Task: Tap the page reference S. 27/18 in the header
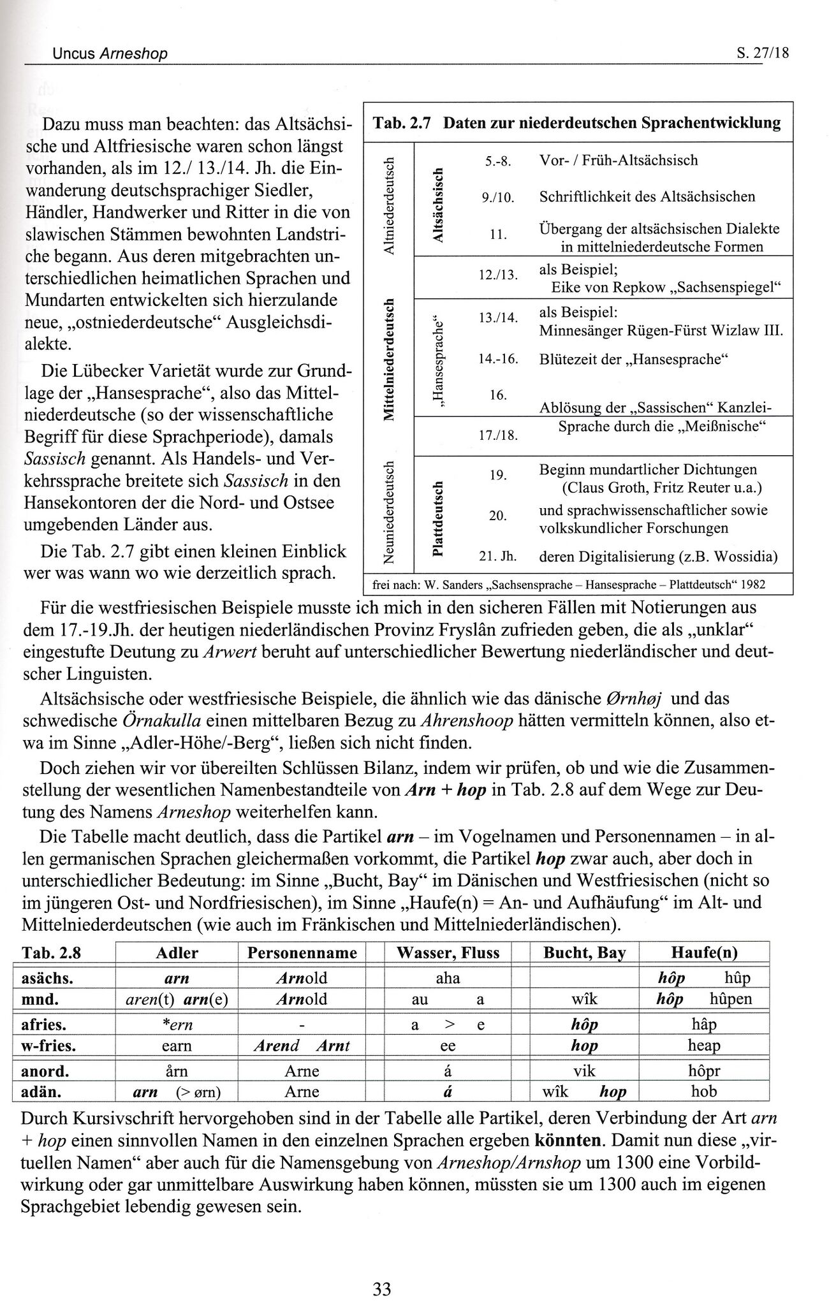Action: pos(762,53)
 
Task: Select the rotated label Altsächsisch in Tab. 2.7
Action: pos(437,205)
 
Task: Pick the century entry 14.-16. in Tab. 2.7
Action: pos(497,359)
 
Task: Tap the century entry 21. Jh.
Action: pos(497,557)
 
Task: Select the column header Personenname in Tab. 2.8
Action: pos(302,953)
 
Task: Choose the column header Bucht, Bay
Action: pos(584,953)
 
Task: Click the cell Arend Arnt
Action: pos(302,1046)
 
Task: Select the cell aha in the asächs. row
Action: pos(448,977)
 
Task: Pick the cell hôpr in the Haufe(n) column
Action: pos(704,1070)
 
